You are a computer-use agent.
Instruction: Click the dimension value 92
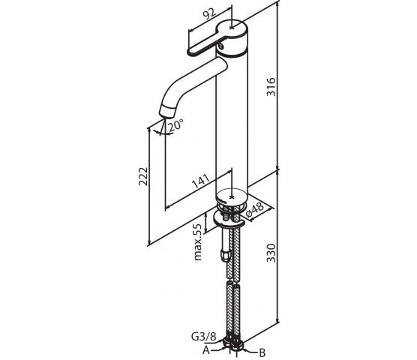210,14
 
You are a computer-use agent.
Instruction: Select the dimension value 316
271,87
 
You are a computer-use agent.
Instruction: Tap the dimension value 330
271,253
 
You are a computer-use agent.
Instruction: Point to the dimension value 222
143,176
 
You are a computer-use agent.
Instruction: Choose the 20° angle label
175,125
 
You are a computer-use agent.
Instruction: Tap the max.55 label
198,241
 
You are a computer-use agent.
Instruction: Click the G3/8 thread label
204,337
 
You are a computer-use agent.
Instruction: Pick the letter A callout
206,350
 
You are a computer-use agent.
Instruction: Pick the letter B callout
262,353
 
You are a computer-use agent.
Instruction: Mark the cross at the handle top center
232,28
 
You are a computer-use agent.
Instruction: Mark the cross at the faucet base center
232,197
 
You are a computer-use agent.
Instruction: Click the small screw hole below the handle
221,47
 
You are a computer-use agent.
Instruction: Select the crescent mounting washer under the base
229,221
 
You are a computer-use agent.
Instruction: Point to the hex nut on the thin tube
224,256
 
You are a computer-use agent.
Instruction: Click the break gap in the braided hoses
233,282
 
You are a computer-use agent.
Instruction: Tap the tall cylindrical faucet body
232,120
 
